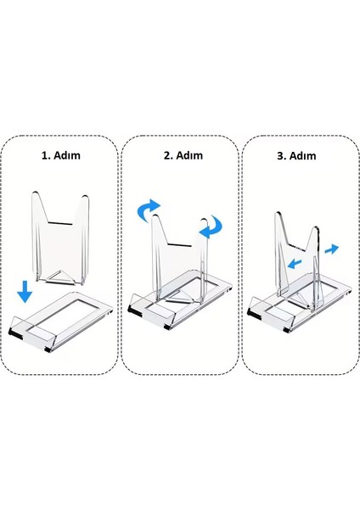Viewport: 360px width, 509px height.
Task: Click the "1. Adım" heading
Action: pos(60,156)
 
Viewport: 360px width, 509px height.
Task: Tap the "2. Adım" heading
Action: pos(180,156)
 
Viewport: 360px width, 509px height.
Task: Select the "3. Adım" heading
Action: pos(296,156)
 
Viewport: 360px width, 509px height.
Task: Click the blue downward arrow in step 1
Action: pos(25,293)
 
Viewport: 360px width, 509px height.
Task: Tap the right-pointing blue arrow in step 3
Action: pos(329,248)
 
